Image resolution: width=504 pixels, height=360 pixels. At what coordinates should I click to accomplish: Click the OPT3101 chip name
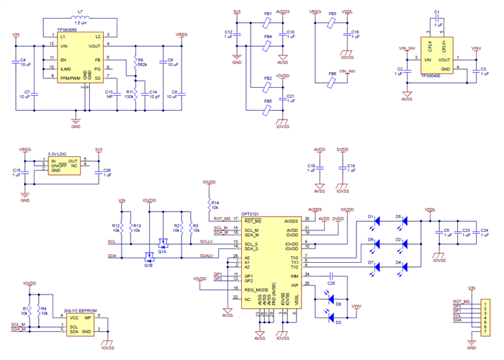(x=251, y=213)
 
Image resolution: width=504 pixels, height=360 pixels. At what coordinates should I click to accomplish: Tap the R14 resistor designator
(x=215, y=202)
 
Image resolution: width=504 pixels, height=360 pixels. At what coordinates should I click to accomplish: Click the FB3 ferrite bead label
(x=333, y=14)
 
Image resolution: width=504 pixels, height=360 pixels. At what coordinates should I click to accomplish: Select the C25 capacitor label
(x=331, y=283)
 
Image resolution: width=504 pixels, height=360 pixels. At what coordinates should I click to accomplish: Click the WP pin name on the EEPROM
(x=88, y=317)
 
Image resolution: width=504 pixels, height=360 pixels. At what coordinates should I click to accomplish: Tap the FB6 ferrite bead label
(x=332, y=73)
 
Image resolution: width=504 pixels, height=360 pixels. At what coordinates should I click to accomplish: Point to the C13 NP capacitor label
(x=110, y=94)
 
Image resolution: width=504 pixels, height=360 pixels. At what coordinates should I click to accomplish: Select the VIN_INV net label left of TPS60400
(x=407, y=48)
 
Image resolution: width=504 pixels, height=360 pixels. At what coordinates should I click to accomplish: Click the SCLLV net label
(x=206, y=242)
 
